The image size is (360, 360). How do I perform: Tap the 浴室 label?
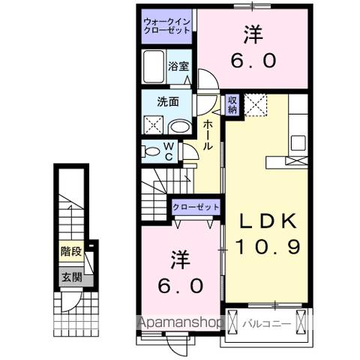(x=178, y=65)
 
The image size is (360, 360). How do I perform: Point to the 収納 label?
(x=233, y=103)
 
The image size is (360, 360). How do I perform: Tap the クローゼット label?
(x=196, y=207)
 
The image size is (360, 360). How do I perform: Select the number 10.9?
(x=268, y=246)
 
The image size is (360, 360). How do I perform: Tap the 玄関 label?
(x=71, y=279)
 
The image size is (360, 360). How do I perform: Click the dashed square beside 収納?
(x=256, y=105)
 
